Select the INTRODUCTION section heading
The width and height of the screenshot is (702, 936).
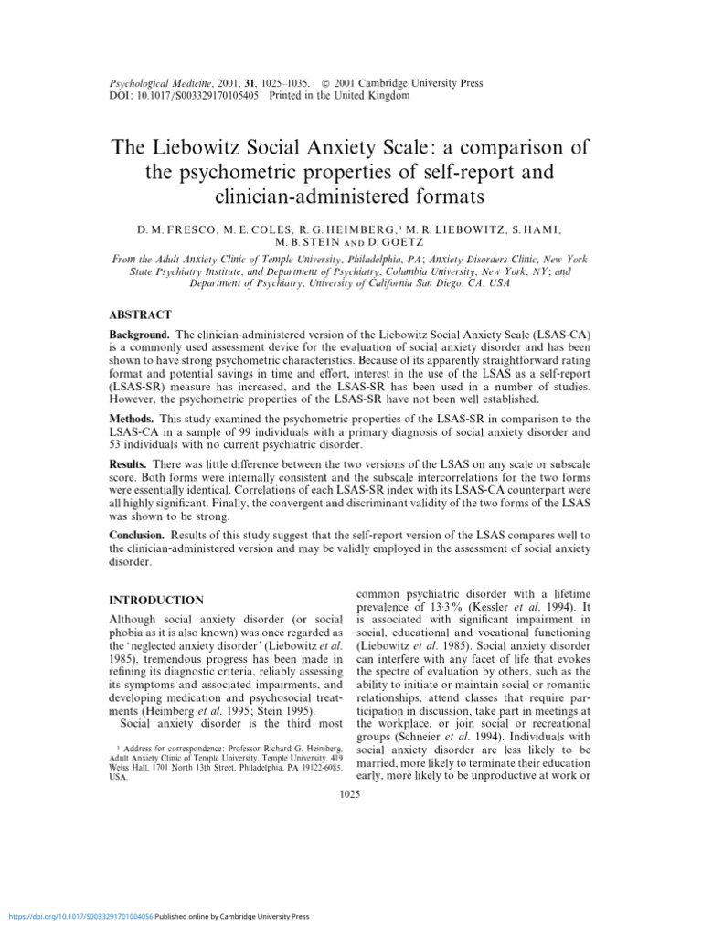(156, 601)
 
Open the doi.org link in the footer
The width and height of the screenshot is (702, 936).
(79, 917)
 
